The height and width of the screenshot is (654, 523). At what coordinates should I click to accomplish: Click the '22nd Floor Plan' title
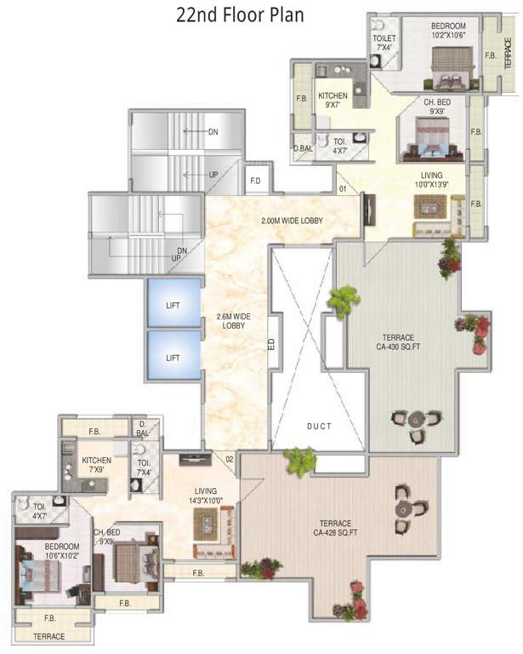click(240, 15)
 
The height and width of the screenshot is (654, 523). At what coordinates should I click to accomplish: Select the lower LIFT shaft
click(174, 355)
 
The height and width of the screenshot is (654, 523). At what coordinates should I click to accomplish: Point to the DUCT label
click(320, 427)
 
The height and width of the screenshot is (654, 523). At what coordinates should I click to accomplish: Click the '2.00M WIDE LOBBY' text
click(292, 221)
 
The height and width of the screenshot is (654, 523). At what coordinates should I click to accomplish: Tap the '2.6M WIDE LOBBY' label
click(234, 321)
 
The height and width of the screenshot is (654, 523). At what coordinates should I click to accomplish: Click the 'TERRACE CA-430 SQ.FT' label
click(399, 342)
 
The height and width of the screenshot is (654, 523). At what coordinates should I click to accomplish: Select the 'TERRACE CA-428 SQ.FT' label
click(336, 528)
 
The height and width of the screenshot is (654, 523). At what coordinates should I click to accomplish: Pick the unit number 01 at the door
click(343, 189)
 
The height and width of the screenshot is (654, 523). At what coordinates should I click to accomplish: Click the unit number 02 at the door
click(230, 460)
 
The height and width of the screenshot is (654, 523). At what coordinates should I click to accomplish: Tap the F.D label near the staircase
click(255, 181)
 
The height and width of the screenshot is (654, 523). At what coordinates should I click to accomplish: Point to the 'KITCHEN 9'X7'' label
click(333, 100)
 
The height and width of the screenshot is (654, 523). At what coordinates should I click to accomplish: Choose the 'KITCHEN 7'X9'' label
click(97, 465)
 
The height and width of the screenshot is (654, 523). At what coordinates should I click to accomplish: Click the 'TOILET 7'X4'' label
click(384, 43)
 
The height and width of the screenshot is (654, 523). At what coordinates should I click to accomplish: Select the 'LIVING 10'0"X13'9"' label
click(431, 180)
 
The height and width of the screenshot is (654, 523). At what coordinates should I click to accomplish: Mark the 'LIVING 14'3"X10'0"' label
click(206, 496)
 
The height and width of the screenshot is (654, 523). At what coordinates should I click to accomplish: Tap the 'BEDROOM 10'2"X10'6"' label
click(448, 31)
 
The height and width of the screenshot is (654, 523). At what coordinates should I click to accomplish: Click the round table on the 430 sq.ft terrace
click(416, 418)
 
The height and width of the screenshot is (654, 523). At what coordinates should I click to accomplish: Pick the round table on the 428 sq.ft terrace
click(403, 509)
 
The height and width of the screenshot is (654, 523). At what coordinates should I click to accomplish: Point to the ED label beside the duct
click(271, 344)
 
